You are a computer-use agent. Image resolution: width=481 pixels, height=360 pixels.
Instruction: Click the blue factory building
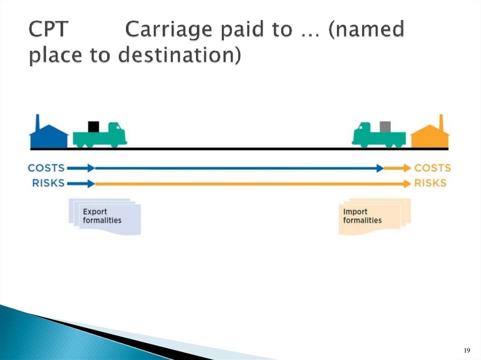49,137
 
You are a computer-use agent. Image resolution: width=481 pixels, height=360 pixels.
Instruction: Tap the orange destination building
429,137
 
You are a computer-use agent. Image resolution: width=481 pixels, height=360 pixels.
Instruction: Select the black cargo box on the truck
94,127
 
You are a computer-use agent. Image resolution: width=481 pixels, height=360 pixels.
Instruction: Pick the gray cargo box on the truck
385,127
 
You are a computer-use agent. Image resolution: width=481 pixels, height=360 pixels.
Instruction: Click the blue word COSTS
46,168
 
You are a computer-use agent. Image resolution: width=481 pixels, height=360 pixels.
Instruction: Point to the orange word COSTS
432,168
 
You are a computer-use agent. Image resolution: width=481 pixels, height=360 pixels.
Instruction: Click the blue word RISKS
48,183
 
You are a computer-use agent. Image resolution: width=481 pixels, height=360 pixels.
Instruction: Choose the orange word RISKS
430,183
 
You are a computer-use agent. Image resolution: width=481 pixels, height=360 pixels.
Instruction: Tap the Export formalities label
102,216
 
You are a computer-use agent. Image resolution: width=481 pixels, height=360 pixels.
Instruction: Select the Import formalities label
362,216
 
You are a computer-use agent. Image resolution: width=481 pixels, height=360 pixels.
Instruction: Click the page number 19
466,351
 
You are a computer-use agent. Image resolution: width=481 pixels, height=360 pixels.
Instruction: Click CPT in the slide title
49,31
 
